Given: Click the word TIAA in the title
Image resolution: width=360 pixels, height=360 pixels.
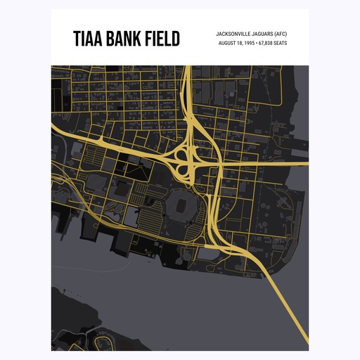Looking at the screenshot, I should pyautogui.click(x=87, y=39).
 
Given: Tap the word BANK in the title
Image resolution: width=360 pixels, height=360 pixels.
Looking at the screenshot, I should pyautogui.click(x=123, y=39).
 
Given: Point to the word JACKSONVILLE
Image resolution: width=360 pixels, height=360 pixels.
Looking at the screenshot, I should pyautogui.click(x=235, y=33).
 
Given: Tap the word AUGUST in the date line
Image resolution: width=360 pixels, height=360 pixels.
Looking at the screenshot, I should pyautogui.click(x=229, y=43).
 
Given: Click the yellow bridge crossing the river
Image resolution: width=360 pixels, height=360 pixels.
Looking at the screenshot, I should pyautogui.click(x=281, y=295).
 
